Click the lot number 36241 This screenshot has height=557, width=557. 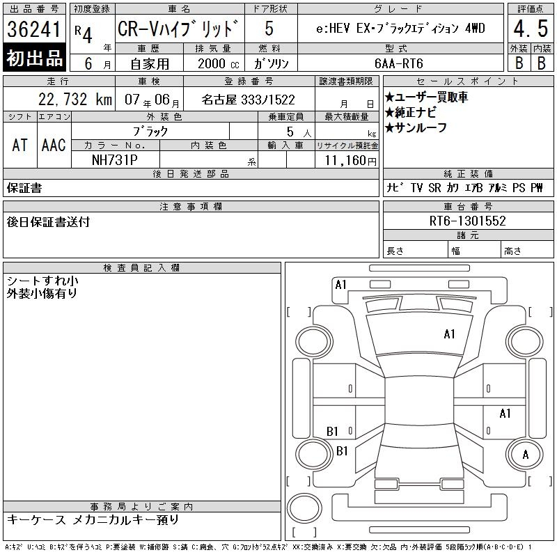pyautogui.click(x=34, y=29)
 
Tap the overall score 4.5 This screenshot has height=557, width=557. pyautogui.click(x=531, y=29)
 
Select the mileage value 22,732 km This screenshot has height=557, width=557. pyautogui.click(x=75, y=100)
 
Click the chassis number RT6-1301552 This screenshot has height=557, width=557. pyautogui.click(x=467, y=221)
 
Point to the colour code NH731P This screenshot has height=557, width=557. pyautogui.click(x=115, y=160)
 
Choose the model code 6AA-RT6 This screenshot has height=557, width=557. pyautogui.click(x=399, y=63)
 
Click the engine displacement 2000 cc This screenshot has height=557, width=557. pyautogui.click(x=218, y=64)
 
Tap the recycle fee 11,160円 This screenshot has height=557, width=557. pyautogui.click(x=351, y=161)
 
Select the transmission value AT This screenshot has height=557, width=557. pyautogui.click(x=20, y=146)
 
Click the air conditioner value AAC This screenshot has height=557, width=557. pyautogui.click(x=54, y=146)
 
